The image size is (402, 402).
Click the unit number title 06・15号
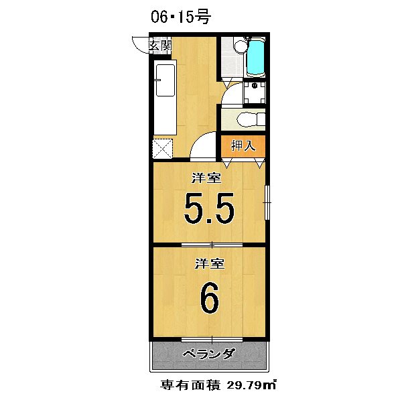click(x=181, y=17)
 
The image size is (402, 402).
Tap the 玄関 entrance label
click(x=160, y=46)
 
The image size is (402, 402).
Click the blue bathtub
click(x=256, y=58)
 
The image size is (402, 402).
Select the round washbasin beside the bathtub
click(x=241, y=46)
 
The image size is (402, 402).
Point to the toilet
click(x=251, y=120)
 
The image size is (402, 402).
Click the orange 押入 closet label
click(x=243, y=146)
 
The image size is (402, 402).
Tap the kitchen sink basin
click(x=165, y=80)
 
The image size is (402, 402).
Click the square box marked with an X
click(x=163, y=149)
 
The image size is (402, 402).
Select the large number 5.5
click(x=209, y=208)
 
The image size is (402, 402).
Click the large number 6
click(x=210, y=297)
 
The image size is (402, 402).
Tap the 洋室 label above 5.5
click(x=206, y=178)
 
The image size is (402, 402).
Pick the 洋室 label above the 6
click(x=210, y=263)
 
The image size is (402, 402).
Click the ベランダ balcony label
click(x=208, y=354)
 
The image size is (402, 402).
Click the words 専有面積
click(x=190, y=385)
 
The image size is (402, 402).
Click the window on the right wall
click(x=267, y=202)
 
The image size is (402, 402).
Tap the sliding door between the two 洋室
click(x=212, y=245)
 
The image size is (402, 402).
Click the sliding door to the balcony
click(x=212, y=340)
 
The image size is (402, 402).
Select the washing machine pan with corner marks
click(x=255, y=92)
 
